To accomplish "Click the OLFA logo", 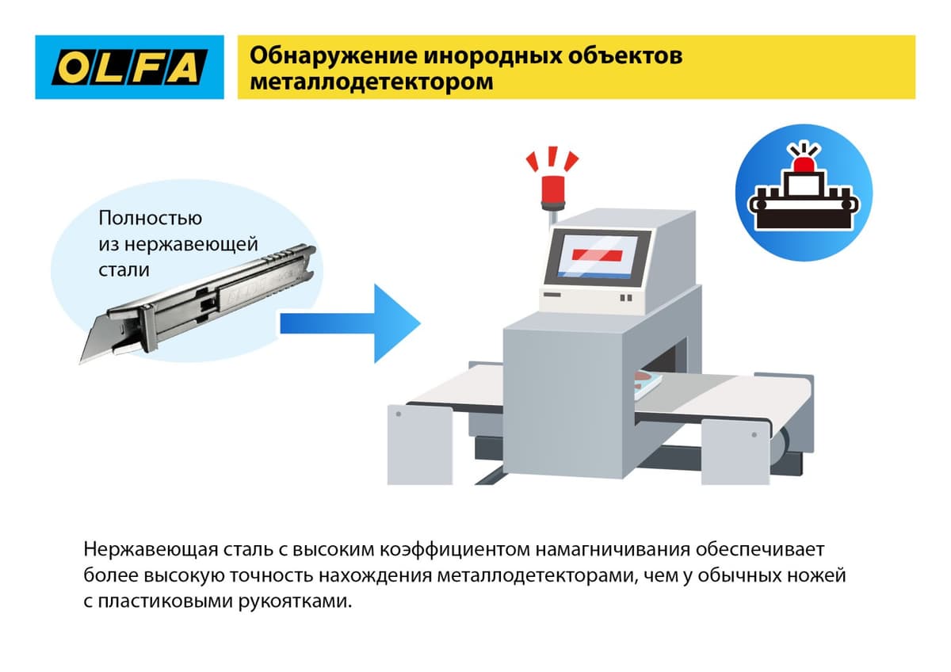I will pyautogui.click(x=129, y=67).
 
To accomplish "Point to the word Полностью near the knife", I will pyautogui.click(x=151, y=218).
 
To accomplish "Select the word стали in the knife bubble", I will pyautogui.click(x=124, y=269).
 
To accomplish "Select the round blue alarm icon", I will pyautogui.click(x=804, y=193).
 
